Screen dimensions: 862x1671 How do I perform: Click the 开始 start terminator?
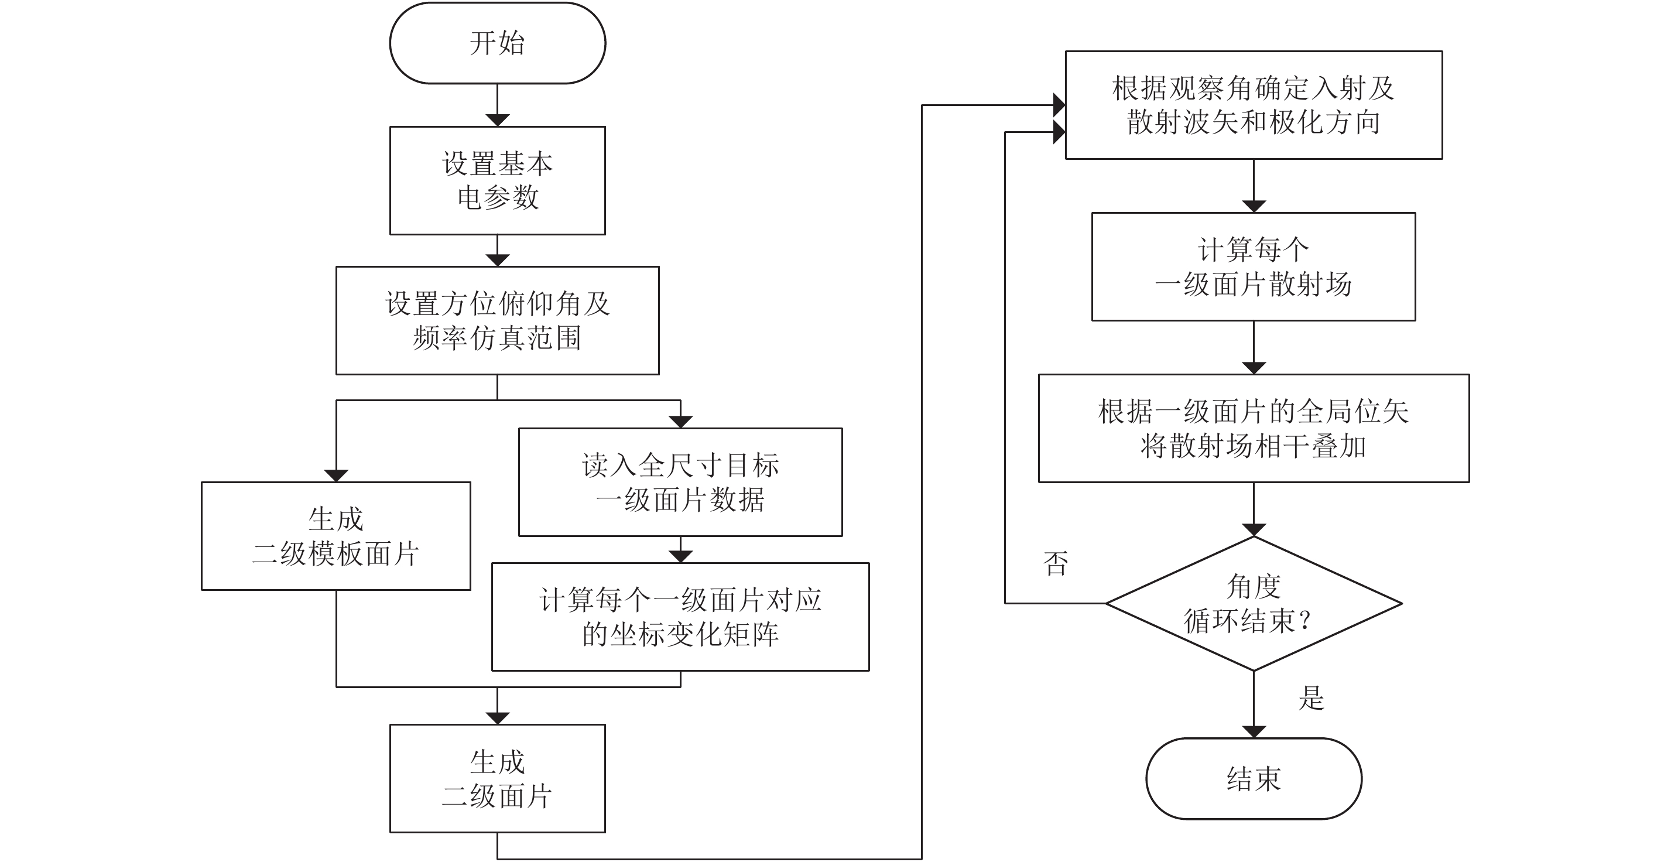497,43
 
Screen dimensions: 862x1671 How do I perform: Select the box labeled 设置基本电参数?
497,180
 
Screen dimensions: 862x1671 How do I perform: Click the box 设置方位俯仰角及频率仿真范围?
497,320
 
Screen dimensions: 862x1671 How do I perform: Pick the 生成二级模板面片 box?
335,536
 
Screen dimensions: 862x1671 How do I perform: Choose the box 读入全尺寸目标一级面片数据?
680,482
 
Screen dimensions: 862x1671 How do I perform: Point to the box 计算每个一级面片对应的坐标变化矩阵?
680,617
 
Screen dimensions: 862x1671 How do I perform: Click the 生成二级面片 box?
497,778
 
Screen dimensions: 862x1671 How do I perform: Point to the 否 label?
1056,563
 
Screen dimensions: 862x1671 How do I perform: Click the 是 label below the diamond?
1311,698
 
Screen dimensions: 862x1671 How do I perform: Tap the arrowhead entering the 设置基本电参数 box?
497,121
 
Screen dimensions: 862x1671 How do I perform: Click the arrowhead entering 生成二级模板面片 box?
336,476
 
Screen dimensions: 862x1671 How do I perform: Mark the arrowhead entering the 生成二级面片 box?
497,719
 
